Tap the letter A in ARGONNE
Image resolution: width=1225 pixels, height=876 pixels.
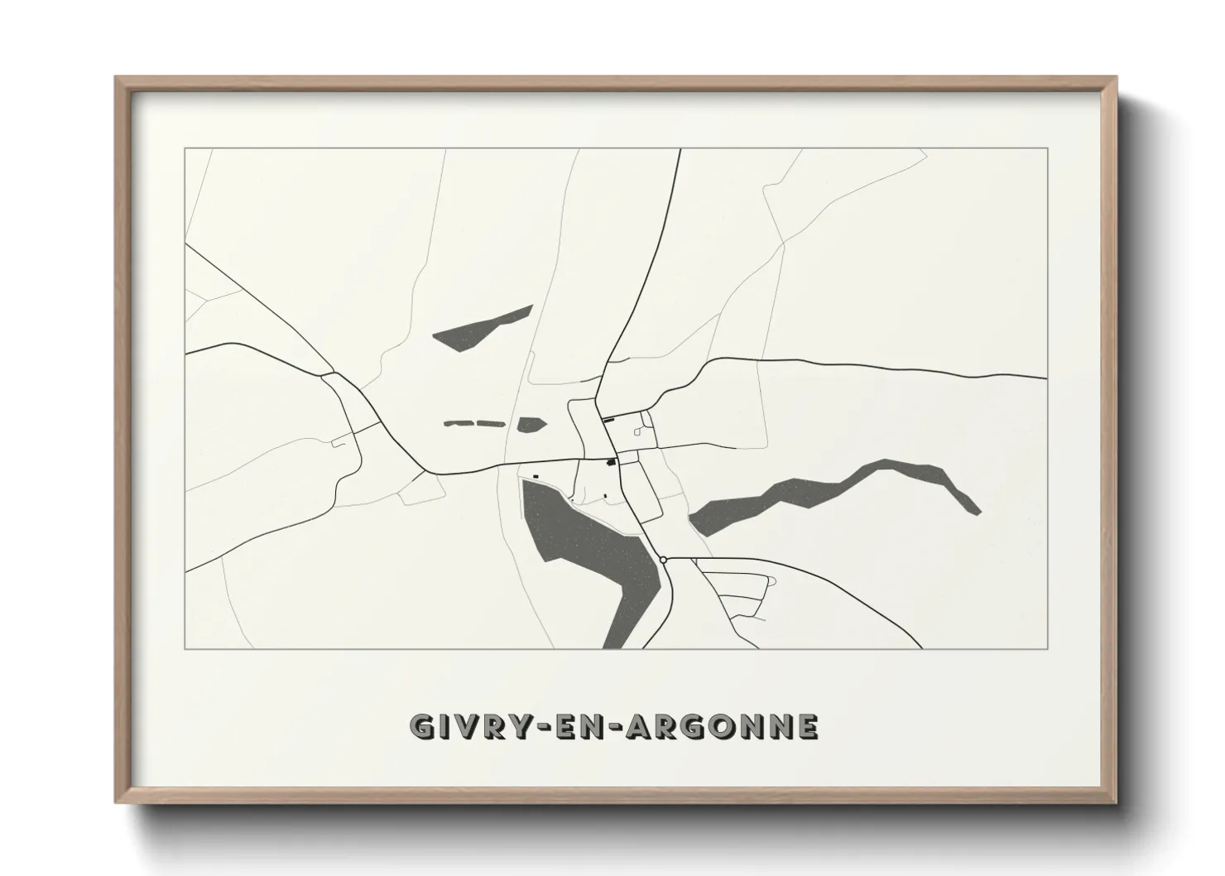640,727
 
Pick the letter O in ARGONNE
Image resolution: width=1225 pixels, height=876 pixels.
723,727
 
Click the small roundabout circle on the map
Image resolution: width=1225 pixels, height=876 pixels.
664,561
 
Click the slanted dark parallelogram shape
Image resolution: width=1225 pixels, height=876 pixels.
482,329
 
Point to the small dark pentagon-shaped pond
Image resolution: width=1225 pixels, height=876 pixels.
531,425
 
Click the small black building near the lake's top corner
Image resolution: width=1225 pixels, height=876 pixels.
536,476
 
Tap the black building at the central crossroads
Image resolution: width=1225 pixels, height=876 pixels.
612,461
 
